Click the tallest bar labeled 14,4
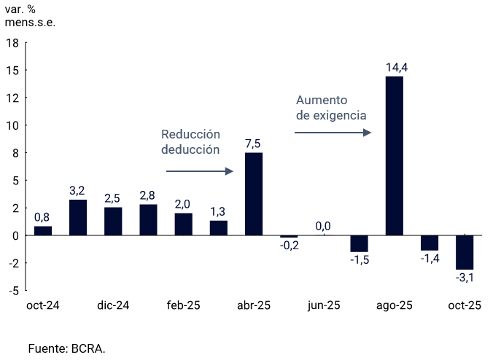click(x=394, y=156)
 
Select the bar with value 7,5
click(x=254, y=194)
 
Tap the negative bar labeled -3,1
click(x=465, y=252)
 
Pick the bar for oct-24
click(x=43, y=230)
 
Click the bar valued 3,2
click(x=78, y=217)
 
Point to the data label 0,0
click(x=323, y=226)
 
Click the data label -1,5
click(x=359, y=260)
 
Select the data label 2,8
click(x=148, y=195)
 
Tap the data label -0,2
click(x=289, y=246)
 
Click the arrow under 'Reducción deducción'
click(x=199, y=171)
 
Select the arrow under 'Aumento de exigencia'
click(x=333, y=133)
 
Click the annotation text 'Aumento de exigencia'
click(x=330, y=108)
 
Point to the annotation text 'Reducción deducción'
click(x=190, y=142)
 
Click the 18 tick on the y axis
click(x=12, y=43)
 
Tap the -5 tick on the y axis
click(x=14, y=291)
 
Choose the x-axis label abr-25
click(x=254, y=306)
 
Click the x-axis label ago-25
click(x=394, y=306)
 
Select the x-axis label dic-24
click(x=113, y=306)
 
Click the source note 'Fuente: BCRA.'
click(x=66, y=348)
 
